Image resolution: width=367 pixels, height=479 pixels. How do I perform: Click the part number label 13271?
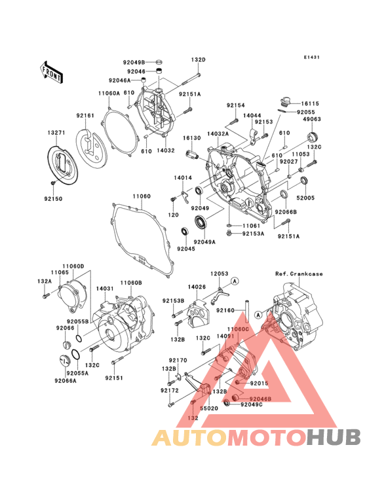[56, 132]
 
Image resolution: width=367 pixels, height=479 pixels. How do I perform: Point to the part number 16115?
[311, 103]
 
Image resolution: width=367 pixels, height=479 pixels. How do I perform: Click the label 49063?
[311, 120]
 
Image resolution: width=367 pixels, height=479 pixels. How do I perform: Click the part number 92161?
[85, 116]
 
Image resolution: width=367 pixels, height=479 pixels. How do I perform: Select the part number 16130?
[191, 139]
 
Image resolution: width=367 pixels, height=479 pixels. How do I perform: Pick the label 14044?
[252, 115]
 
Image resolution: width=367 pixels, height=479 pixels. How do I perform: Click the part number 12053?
[219, 274]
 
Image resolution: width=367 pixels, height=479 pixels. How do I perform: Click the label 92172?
[168, 390]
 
